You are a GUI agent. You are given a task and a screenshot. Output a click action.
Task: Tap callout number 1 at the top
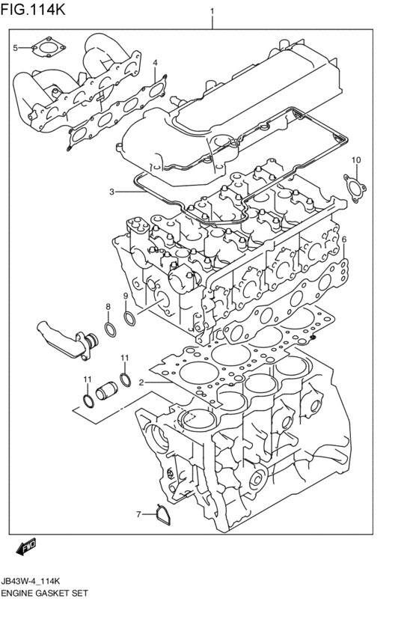(x=212, y=11)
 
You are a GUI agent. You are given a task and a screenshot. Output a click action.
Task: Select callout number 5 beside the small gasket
(x=14, y=49)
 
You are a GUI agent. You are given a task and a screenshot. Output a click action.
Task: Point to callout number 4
(x=155, y=62)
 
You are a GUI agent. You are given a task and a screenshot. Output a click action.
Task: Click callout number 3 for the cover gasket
(x=111, y=192)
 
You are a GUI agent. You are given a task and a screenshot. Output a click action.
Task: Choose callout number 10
(x=356, y=160)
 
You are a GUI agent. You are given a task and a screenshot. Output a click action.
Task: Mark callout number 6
(x=344, y=240)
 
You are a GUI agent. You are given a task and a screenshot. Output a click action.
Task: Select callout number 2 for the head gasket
(x=141, y=382)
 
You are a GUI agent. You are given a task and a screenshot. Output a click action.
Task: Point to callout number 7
(x=138, y=514)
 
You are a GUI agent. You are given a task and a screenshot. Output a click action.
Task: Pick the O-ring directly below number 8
(x=110, y=330)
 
